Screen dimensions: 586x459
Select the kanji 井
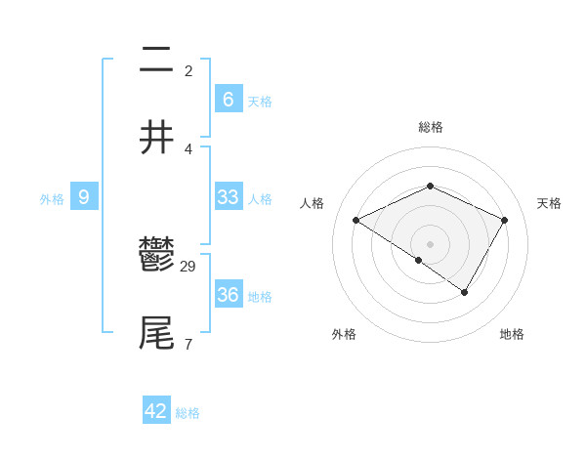pyautogui.click(x=156, y=138)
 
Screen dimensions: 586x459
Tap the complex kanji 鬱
pyautogui.click(x=156, y=256)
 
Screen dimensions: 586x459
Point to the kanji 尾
pyautogui.click(x=156, y=333)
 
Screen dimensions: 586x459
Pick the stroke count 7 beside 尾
pyautogui.click(x=188, y=344)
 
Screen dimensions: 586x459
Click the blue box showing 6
pyautogui.click(x=228, y=100)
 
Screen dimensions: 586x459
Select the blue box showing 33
pyautogui.click(x=228, y=197)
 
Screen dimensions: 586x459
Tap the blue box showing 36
pyautogui.click(x=228, y=295)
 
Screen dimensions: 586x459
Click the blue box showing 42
pyautogui.click(x=156, y=411)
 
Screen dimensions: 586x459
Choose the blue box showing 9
pyautogui.click(x=84, y=197)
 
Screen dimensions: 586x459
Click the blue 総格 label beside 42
pyautogui.click(x=188, y=413)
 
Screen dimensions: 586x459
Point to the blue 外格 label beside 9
pyautogui.click(x=52, y=199)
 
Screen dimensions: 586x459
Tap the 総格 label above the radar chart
pyautogui.click(x=430, y=127)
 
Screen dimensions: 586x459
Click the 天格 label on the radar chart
pyautogui.click(x=549, y=203)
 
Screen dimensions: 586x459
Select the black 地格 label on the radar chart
pyautogui.click(x=512, y=334)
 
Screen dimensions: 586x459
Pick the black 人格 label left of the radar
pyautogui.click(x=313, y=203)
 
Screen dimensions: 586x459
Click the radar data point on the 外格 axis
pyautogui.click(x=419, y=260)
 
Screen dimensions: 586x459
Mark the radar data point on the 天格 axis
pyautogui.click(x=505, y=221)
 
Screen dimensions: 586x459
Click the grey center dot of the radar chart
pyautogui.click(x=430, y=243)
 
